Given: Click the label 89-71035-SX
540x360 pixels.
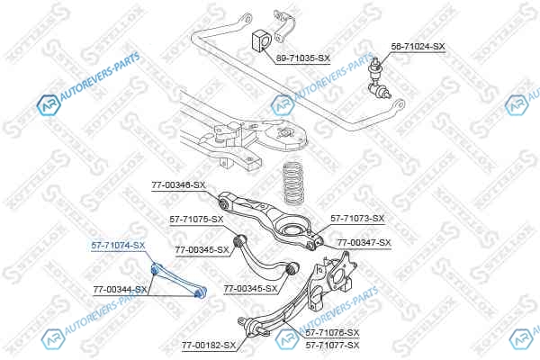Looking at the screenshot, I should point(303,58).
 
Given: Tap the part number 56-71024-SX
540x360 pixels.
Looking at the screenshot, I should point(418,45).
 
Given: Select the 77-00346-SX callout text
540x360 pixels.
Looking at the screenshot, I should point(178,185).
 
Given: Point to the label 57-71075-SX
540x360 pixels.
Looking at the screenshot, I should point(196,219).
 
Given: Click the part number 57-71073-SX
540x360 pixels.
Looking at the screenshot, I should point(357,219).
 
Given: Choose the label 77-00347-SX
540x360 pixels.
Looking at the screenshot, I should point(364,243).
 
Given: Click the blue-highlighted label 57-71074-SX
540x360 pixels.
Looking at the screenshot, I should point(118,244).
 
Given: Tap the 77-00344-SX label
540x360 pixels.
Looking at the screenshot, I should point(120,290).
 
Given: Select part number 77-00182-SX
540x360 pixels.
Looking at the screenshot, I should point(208,344).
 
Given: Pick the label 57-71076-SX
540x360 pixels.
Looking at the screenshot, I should point(332,333).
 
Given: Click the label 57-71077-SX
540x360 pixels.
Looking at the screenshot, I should point(332,345).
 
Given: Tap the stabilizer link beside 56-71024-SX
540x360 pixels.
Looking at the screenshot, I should point(378,76).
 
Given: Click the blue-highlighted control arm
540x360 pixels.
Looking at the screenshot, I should point(179,278).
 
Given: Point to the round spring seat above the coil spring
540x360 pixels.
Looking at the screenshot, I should point(286,137).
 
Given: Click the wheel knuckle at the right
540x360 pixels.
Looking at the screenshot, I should point(337,274).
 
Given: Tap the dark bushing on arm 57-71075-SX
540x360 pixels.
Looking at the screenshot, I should point(239,240).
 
